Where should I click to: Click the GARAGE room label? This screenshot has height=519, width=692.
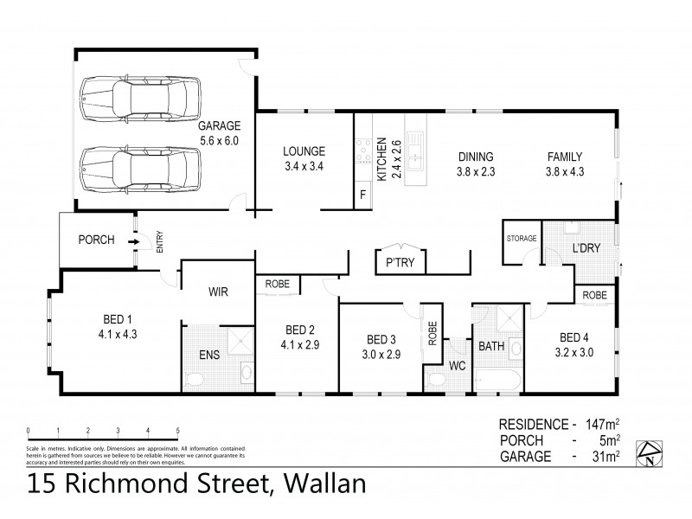point(219,125)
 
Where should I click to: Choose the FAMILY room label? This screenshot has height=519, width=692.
point(564,157)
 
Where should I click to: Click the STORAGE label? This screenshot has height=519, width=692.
point(522,238)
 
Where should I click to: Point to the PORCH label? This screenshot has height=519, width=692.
point(96,240)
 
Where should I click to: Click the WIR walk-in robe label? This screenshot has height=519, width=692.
point(216,292)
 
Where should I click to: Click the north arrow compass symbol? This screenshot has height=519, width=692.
point(650,452)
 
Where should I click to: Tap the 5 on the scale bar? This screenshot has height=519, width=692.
point(177,430)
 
